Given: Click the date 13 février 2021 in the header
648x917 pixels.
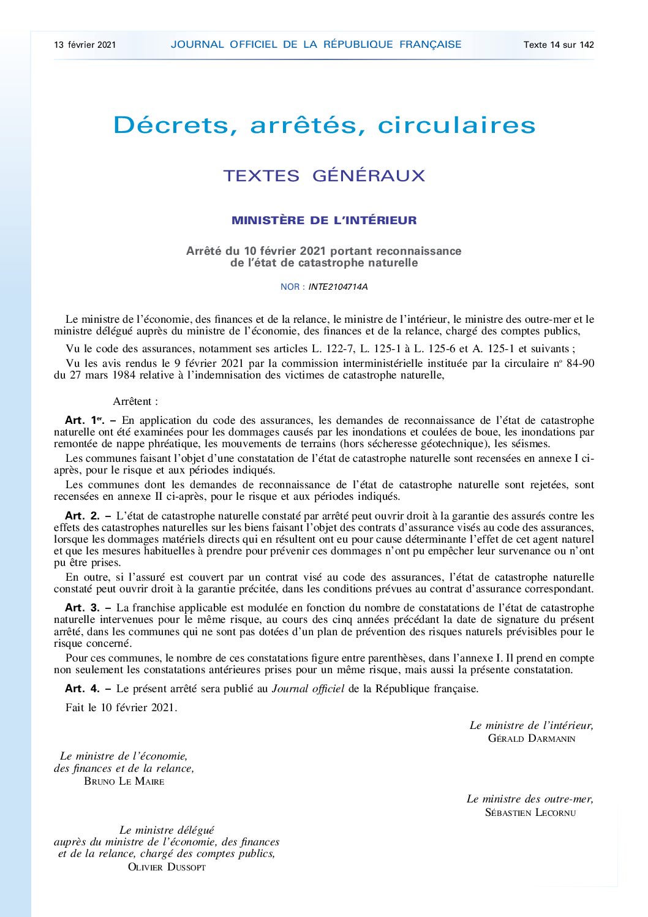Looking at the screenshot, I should tap(85, 45).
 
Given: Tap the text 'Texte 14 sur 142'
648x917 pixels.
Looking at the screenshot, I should tap(559, 45).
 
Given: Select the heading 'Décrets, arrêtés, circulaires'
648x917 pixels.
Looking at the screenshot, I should tap(324, 126).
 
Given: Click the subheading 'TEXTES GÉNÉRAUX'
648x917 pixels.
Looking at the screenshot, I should tap(324, 176).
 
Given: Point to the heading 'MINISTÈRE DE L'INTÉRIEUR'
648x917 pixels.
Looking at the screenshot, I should tap(324, 221).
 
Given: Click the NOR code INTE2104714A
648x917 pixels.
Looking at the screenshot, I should tap(338, 287).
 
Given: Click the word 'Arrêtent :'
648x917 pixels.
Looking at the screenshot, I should tap(135, 402).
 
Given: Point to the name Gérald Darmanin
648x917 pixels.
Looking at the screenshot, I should tap(532, 739).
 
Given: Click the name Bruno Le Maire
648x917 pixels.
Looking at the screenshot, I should tap(124, 782).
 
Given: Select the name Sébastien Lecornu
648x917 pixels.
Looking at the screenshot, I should tap(530, 813).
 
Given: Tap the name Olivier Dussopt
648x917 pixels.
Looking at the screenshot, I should tap(167, 867).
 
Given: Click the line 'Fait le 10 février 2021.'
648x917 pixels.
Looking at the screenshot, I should tap(121, 708).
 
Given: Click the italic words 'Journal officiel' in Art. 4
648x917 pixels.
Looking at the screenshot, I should tap(308, 689).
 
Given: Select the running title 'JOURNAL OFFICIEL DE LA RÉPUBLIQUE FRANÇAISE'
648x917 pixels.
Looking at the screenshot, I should tap(316, 45).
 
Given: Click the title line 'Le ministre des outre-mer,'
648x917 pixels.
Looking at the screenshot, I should tap(530, 799).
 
